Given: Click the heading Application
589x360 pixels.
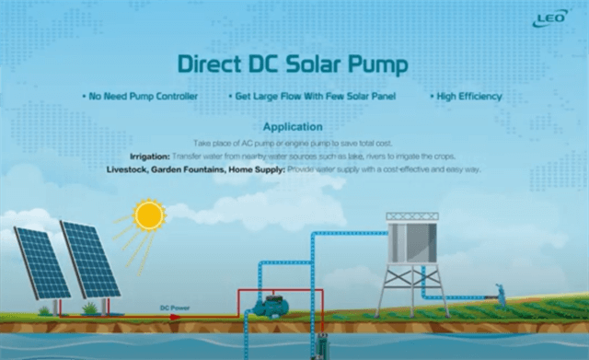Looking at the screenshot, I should click(x=293, y=126).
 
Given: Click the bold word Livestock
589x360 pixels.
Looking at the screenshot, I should click(x=133, y=170).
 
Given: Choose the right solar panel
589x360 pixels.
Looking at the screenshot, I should click(x=90, y=258).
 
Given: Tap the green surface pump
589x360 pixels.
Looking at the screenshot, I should click(x=274, y=305).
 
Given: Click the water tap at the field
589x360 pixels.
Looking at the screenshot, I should click(x=500, y=290).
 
